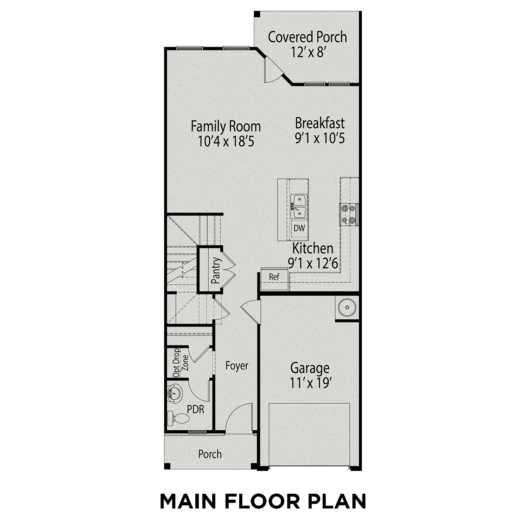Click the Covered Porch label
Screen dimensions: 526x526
tap(307, 37)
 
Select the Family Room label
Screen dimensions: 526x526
tap(225, 126)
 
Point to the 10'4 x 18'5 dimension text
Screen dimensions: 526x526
tap(225, 141)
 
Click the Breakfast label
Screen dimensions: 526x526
tap(320, 123)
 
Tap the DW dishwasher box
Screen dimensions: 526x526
tap(299, 228)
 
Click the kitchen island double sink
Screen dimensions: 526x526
tap(299, 207)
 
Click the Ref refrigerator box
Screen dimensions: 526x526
tap(274, 277)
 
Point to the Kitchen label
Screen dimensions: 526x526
tap(313, 248)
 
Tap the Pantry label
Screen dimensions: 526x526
tap(216, 271)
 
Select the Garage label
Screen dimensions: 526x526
tap(310, 368)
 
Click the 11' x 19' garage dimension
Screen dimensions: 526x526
tap(310, 383)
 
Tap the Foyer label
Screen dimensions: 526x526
tap(237, 366)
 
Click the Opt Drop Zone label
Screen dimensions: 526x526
tap(181, 363)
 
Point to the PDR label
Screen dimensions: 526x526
tap(196, 409)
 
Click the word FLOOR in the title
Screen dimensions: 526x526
tap(262, 501)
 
